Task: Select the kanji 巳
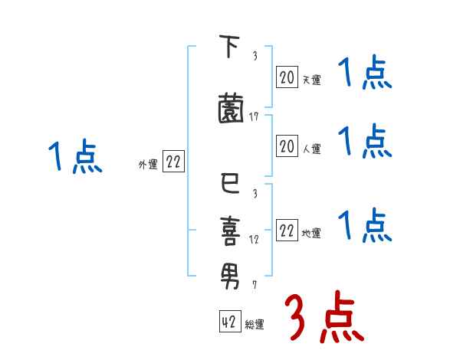tap(229, 184)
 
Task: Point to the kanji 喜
tap(229, 229)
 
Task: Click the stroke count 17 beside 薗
tap(254, 117)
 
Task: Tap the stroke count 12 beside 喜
tap(254, 240)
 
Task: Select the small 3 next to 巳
tap(254, 194)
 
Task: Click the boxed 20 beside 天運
tap(287, 77)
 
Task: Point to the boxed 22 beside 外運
tap(173, 162)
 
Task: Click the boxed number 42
tap(229, 322)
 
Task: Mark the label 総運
tap(255, 325)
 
